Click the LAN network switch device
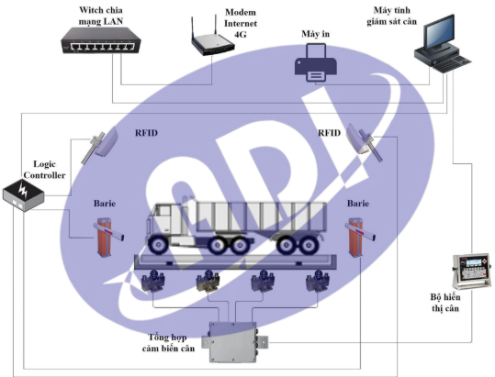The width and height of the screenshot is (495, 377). point(101,40)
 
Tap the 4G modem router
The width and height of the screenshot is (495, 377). point(212,39)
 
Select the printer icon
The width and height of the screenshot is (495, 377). point(316,62)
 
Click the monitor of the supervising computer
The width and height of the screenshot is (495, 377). point(438,33)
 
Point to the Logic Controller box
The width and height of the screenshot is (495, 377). point(23,195)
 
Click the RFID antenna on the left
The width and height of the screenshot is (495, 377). point(100,144)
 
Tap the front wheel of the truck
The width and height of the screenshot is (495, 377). point(158,244)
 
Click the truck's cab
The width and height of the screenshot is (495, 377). point(167,223)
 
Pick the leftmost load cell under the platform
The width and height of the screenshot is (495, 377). point(152,280)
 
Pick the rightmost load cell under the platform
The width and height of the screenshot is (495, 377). point(318,280)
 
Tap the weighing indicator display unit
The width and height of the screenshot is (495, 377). point(471,272)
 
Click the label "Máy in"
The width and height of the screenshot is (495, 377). point(315,34)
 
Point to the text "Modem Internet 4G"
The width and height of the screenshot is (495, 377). point(241,23)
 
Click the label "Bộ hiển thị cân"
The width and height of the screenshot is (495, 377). point(445,303)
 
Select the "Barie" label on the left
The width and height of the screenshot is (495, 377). point(105,204)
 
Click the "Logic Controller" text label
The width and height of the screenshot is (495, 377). point(44,170)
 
